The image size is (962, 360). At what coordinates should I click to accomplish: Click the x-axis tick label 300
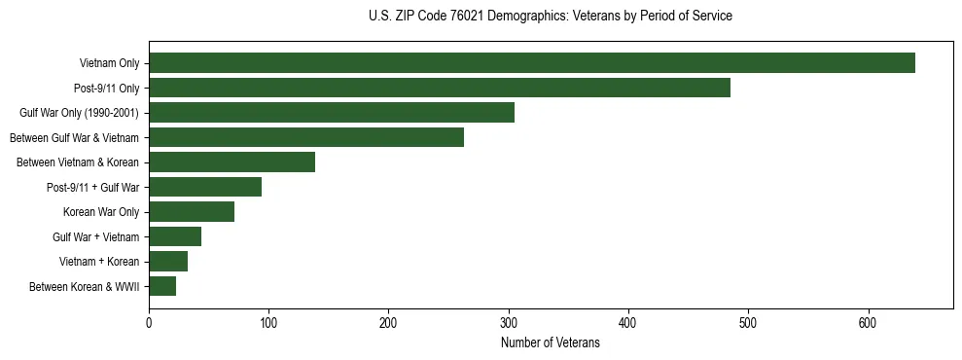[x=509, y=322]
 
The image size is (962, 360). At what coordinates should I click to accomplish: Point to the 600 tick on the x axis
[x=869, y=322]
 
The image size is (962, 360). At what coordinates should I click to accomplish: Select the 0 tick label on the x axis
[x=149, y=322]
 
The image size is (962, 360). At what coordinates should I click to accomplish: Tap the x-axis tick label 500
[x=748, y=322]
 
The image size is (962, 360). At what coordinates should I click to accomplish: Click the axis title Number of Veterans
[x=550, y=342]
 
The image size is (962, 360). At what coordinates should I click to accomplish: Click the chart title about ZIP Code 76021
[x=550, y=17]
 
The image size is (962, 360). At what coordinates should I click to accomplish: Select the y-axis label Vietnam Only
[x=109, y=64]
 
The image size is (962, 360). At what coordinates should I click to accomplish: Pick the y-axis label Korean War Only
[x=101, y=212]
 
